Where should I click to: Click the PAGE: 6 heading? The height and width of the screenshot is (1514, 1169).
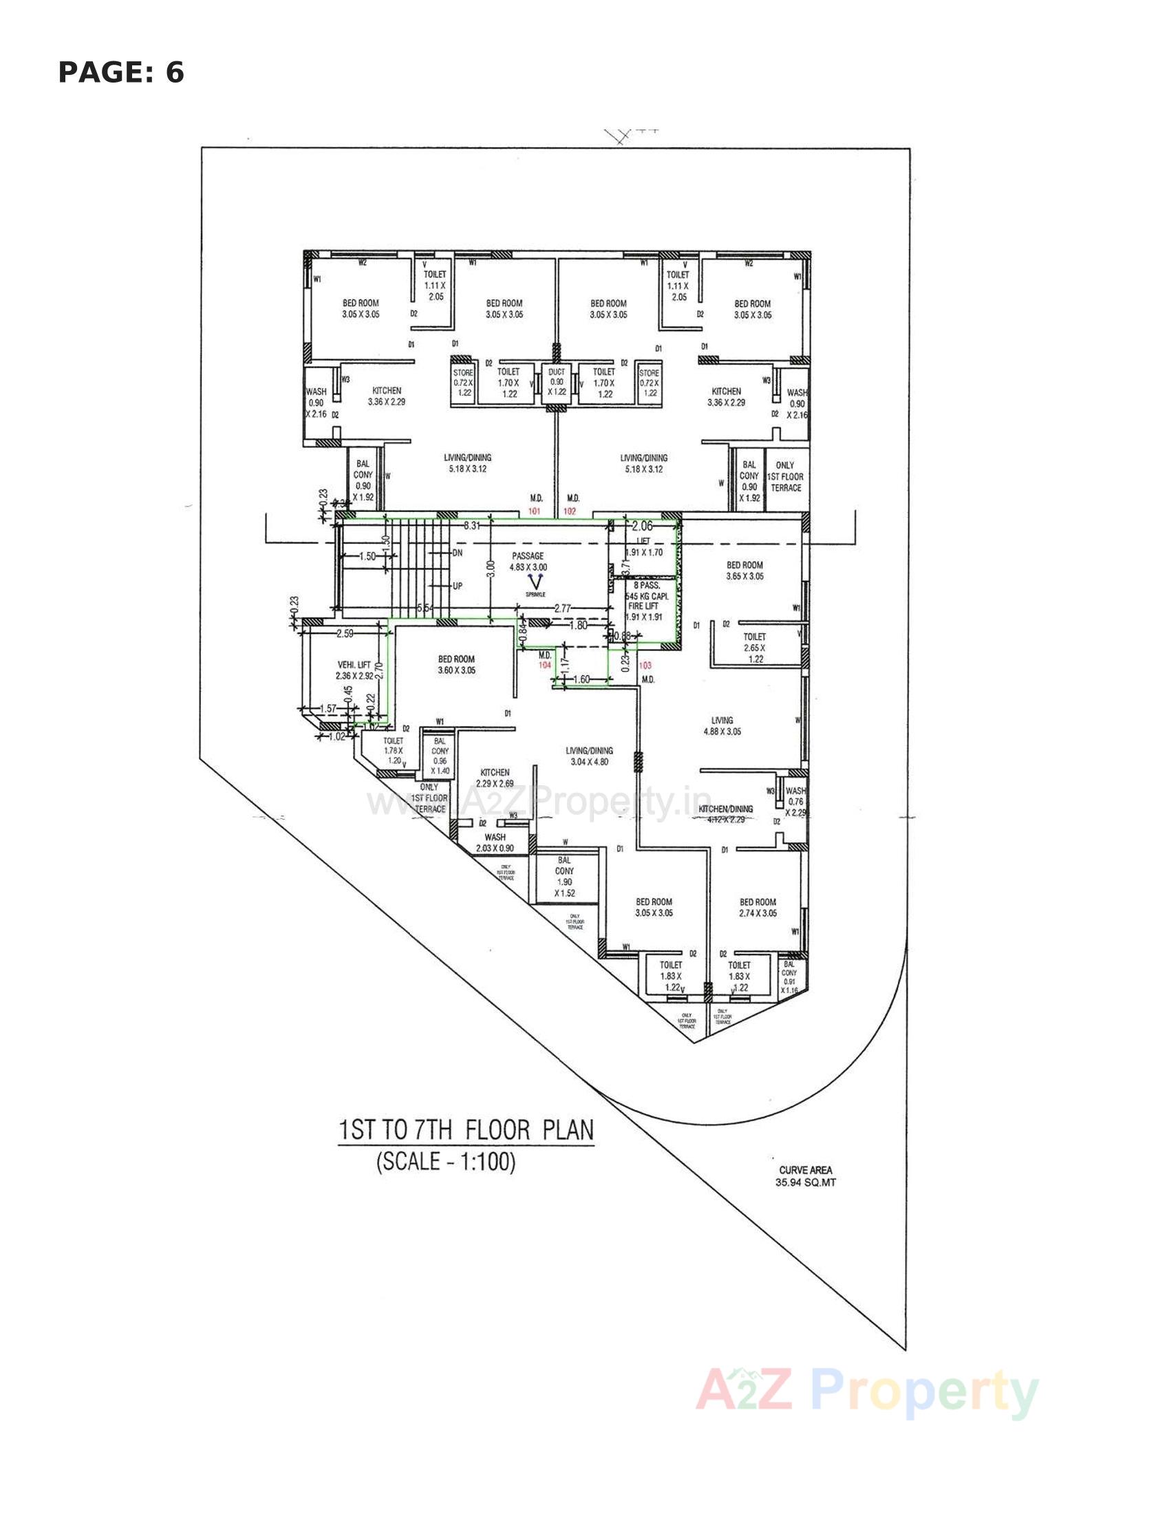tap(121, 73)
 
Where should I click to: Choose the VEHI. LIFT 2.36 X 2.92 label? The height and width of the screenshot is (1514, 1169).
tap(354, 670)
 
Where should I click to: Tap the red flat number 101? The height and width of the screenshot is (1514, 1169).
tap(534, 511)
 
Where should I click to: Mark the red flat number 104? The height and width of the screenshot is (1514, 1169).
tap(545, 664)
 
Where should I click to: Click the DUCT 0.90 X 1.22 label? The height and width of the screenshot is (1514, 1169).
tap(557, 382)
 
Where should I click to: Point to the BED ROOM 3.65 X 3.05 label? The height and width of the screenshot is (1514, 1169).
tap(745, 571)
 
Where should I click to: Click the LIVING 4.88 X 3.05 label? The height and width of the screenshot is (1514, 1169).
tap(722, 726)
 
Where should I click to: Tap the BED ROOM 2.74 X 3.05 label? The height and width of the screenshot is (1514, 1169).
tap(758, 908)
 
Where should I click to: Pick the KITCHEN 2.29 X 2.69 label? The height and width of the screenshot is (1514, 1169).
tap(495, 778)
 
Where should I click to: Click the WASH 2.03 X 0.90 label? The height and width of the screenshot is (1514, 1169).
tap(495, 842)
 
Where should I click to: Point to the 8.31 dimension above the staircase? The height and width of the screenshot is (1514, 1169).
tap(472, 526)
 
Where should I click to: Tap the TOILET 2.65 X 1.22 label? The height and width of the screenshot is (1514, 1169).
tap(755, 648)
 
